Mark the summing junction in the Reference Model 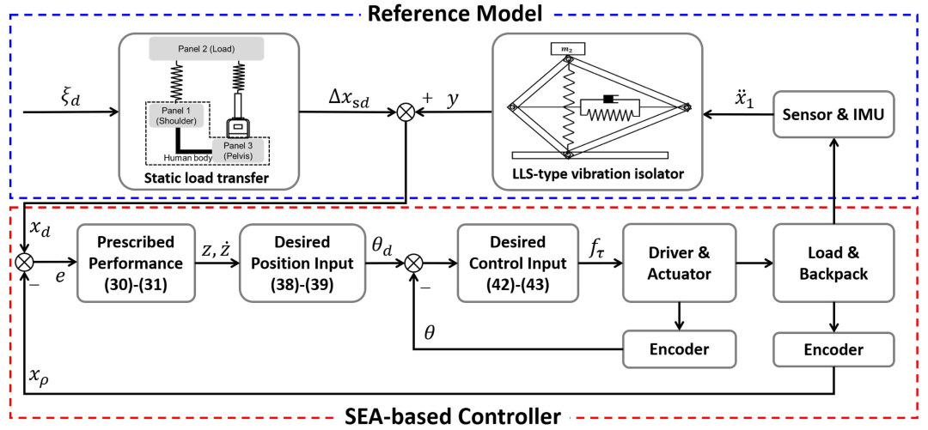406,112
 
